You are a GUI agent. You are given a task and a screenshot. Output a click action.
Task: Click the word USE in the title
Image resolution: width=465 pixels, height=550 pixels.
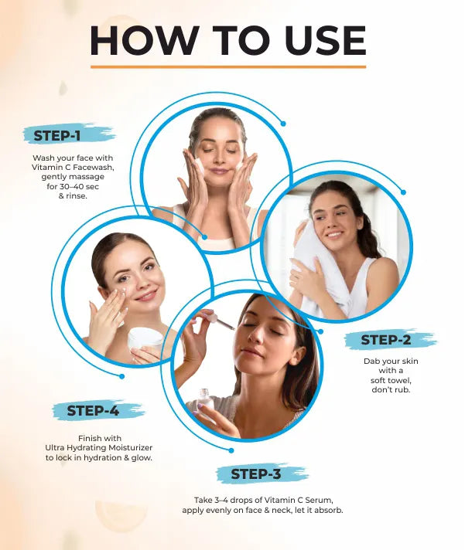[x=326, y=40]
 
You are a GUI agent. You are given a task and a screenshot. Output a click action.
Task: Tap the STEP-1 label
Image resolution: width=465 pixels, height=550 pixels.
[x=57, y=136]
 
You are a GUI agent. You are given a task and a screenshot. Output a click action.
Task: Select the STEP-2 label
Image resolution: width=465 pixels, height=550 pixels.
[x=385, y=340]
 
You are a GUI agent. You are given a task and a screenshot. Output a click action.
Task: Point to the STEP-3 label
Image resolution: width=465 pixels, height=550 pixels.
[x=255, y=474]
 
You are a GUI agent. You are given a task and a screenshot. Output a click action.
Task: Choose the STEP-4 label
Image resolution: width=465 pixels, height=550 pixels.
[x=93, y=411]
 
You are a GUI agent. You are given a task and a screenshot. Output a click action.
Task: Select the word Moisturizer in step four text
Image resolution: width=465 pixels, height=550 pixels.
[x=130, y=447]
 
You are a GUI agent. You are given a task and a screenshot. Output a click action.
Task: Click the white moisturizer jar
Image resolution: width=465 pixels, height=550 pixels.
[x=145, y=338]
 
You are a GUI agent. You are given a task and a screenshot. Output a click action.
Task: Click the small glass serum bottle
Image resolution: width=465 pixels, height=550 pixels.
[x=204, y=400]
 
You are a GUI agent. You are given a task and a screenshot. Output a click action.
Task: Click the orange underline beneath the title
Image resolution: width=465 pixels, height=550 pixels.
[x=228, y=66]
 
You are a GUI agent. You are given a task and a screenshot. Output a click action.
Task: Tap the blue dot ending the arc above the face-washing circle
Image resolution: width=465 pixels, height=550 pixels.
[x=283, y=124]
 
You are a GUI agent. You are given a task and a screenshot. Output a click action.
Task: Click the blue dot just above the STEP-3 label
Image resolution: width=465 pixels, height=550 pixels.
[x=231, y=450]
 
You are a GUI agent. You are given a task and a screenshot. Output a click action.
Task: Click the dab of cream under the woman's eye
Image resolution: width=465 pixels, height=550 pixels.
[x=125, y=290]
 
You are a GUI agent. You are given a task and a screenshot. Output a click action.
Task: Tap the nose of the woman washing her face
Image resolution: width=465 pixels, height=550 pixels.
[x=218, y=158]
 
